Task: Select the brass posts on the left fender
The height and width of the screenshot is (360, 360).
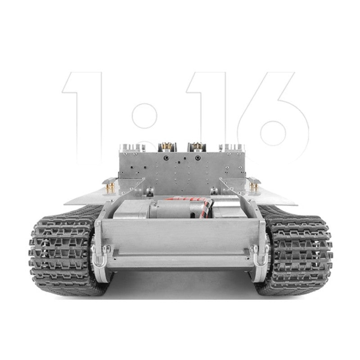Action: pos(110,187)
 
